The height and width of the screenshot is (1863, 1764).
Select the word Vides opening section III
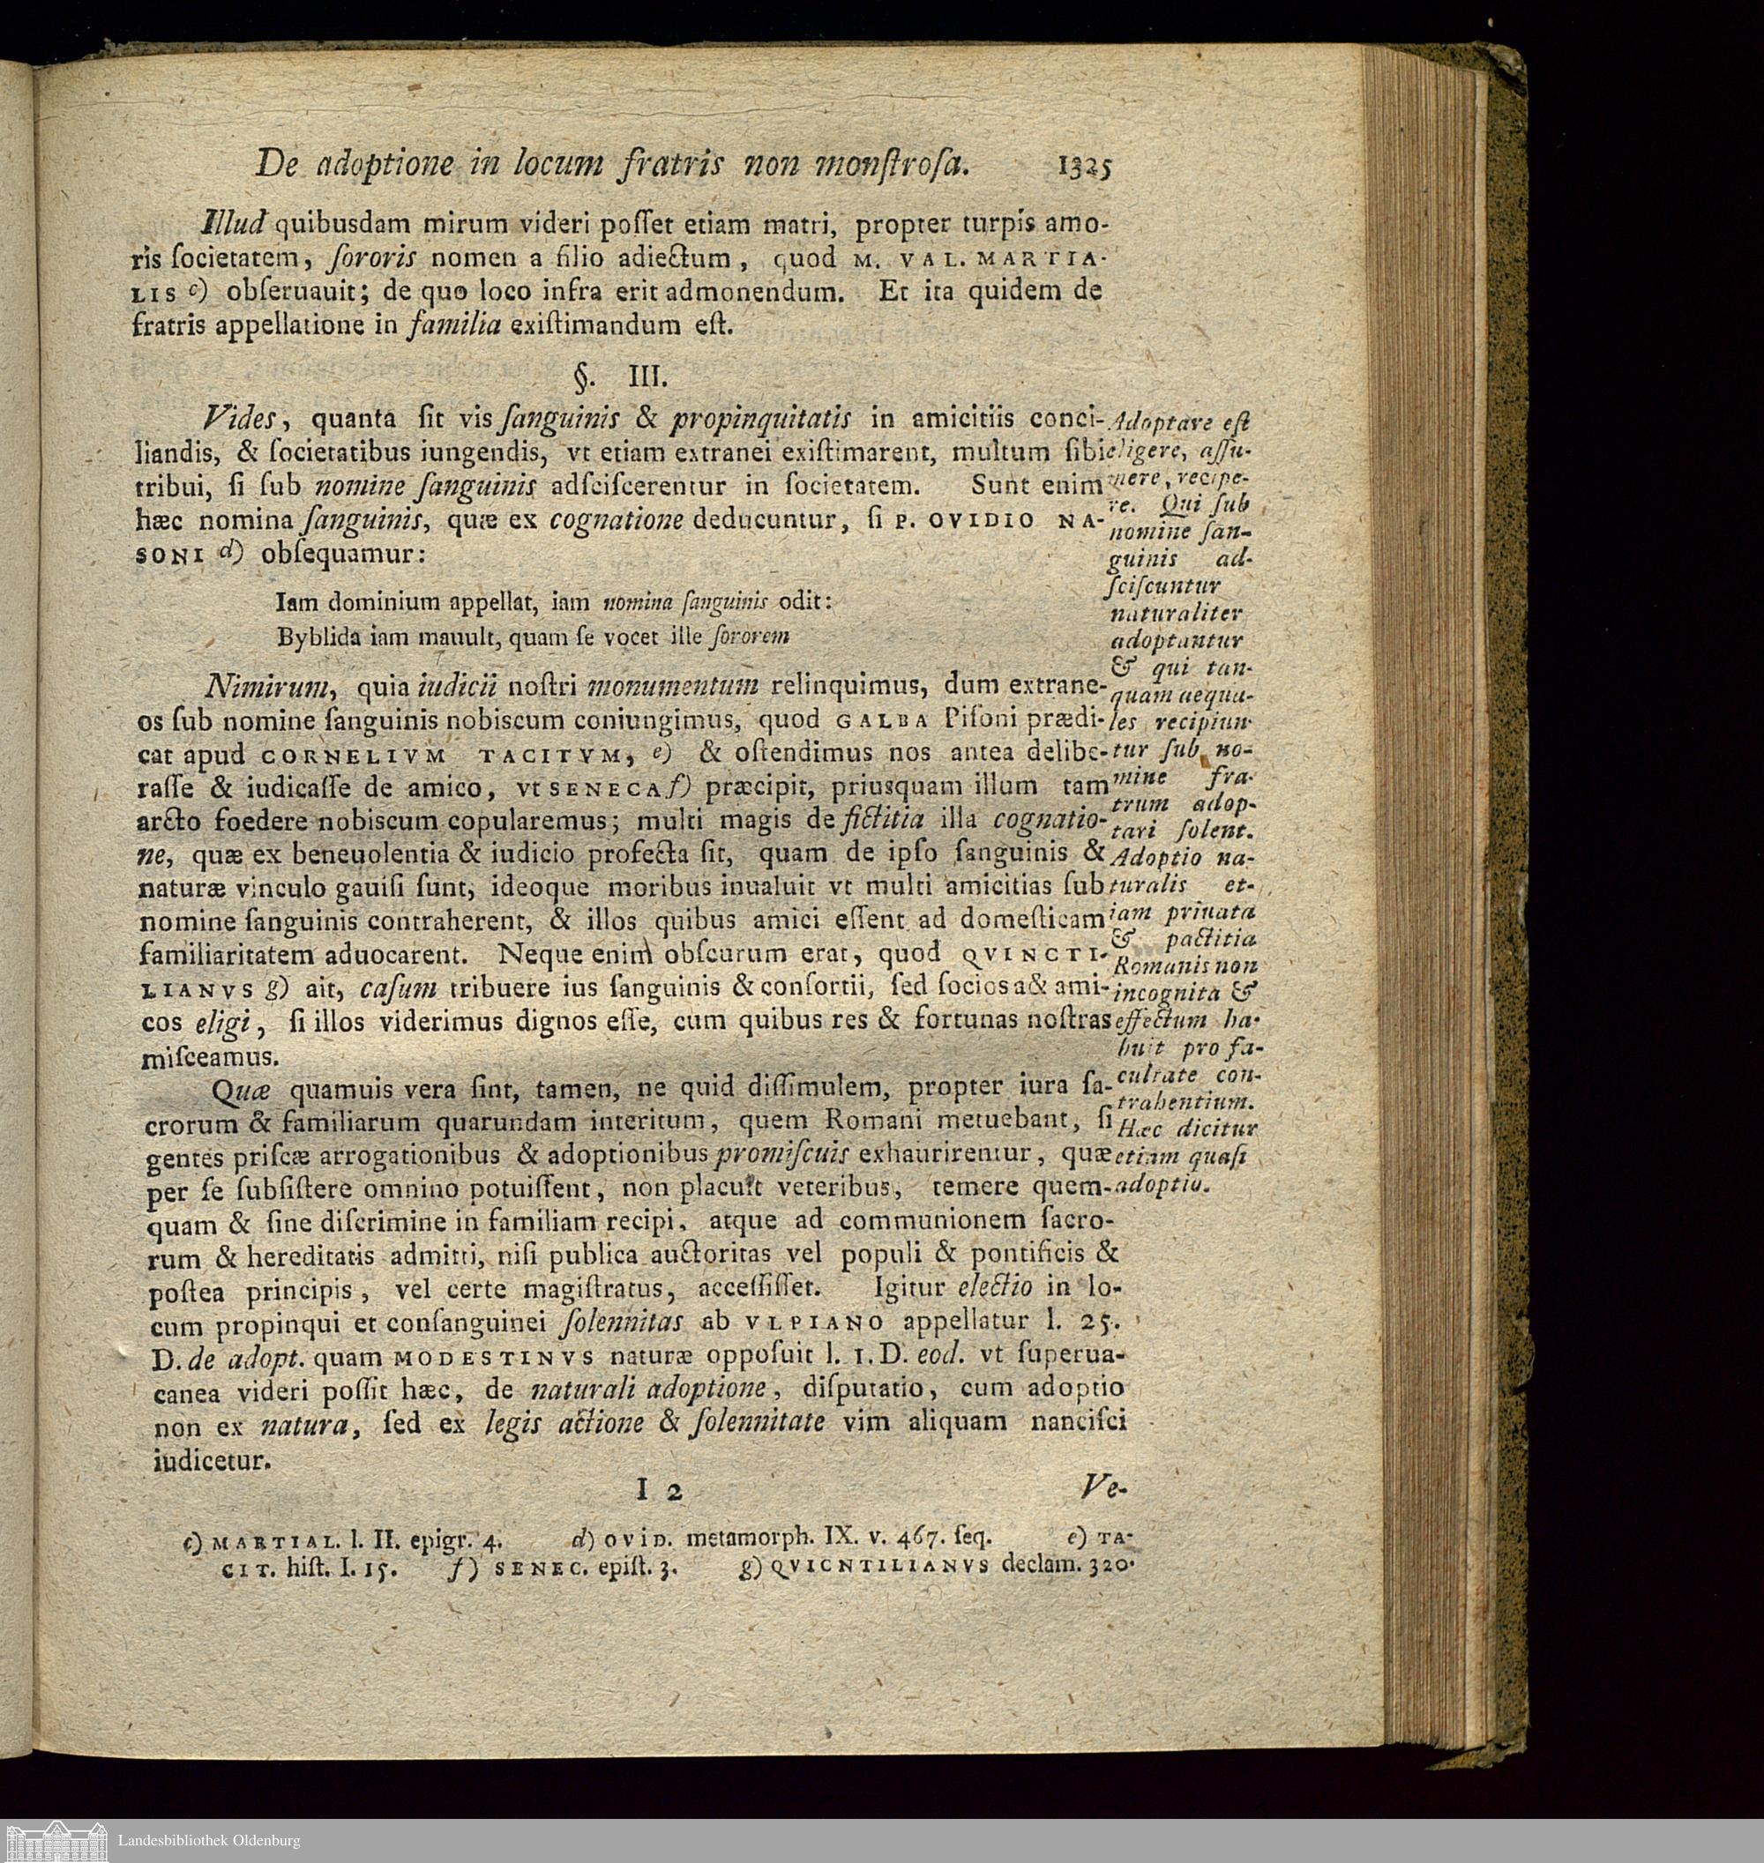pos(242,417)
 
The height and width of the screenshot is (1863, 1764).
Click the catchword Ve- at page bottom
pos(1103,1487)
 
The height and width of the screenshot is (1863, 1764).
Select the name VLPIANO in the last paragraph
pos(813,1323)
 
